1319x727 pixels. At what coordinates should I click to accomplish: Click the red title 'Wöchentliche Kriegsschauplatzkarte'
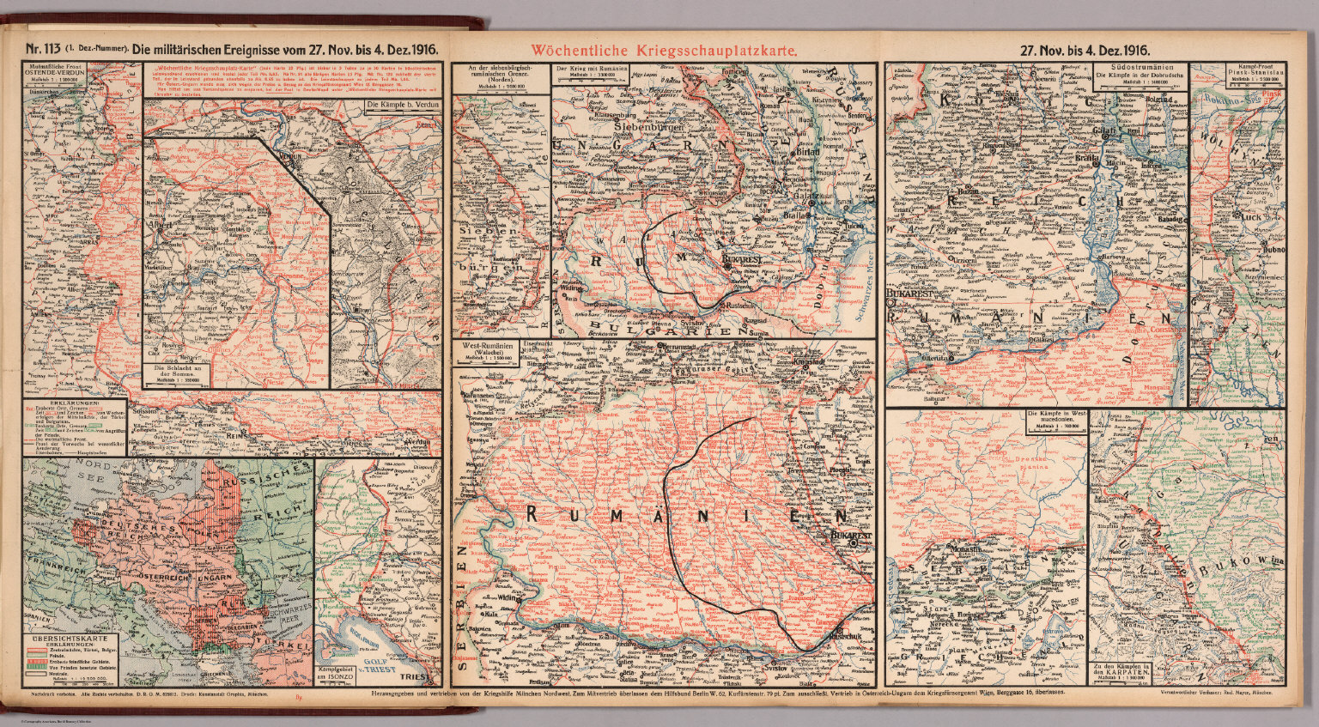point(664,51)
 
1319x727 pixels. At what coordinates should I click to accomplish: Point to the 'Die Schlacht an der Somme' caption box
point(186,373)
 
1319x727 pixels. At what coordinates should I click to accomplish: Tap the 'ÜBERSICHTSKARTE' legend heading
point(69,639)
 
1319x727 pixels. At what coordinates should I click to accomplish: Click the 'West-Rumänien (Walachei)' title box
point(486,353)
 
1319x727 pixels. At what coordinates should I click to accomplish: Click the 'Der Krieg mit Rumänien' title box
point(588,73)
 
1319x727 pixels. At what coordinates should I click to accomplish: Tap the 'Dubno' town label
point(1271,251)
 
